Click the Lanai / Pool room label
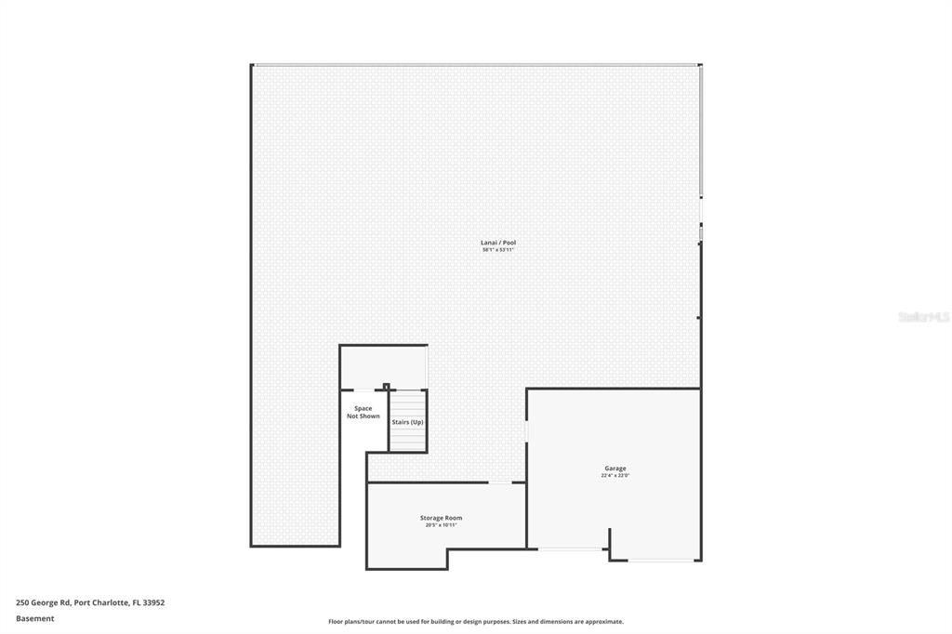[x=497, y=243]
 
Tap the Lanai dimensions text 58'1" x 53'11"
[x=497, y=250]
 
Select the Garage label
[x=615, y=469]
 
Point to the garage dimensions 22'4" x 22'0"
[x=615, y=476]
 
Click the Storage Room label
[x=441, y=518]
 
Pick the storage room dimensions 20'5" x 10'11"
[x=441, y=525]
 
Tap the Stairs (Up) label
[x=407, y=422]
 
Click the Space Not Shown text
[x=363, y=412]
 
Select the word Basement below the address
[x=34, y=618]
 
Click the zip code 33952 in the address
[x=152, y=602]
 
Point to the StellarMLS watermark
[x=923, y=317]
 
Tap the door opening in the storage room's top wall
[x=500, y=482]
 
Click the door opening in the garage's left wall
[x=527, y=432]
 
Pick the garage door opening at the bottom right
[x=665, y=561]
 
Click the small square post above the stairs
[x=386, y=386]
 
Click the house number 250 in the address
[x=23, y=602]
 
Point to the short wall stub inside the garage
[x=610, y=543]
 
